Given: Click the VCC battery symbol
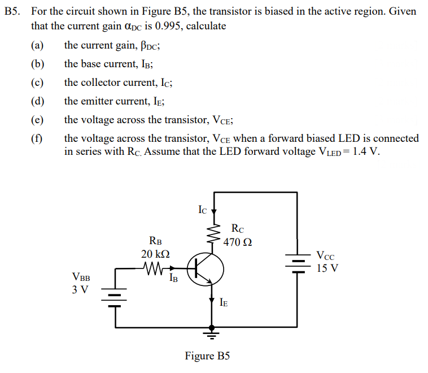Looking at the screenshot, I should tap(297, 262).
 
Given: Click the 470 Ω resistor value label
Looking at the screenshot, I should tap(238, 242).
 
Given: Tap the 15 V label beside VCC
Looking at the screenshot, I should tap(327, 268).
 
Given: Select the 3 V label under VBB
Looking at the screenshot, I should tap(81, 290).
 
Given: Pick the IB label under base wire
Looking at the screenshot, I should tap(174, 278).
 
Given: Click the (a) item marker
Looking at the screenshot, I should tap(37, 45).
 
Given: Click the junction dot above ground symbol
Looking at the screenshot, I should tap(212, 327).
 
